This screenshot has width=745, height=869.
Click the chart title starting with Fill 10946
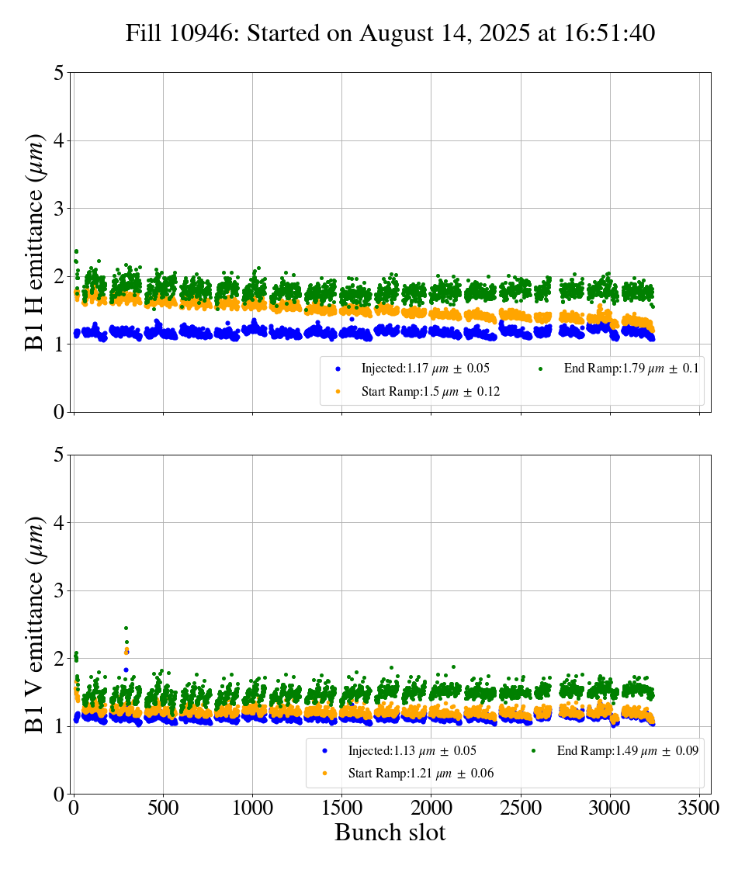(x=390, y=33)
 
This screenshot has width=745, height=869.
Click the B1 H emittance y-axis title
(x=35, y=242)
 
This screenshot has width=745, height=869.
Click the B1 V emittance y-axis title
(x=35, y=625)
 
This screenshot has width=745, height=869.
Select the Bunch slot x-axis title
(x=390, y=833)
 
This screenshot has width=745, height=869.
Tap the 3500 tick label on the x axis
(x=699, y=808)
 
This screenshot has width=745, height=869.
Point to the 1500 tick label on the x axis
(x=342, y=808)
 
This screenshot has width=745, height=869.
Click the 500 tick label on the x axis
(x=163, y=808)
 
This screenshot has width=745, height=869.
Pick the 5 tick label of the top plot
(x=59, y=74)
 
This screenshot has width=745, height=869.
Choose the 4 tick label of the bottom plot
(x=59, y=523)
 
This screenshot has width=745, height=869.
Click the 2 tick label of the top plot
(x=59, y=277)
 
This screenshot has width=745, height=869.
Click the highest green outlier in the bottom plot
(x=126, y=628)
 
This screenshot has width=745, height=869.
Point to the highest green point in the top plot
(x=76, y=251)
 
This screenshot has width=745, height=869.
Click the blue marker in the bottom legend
(x=324, y=750)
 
